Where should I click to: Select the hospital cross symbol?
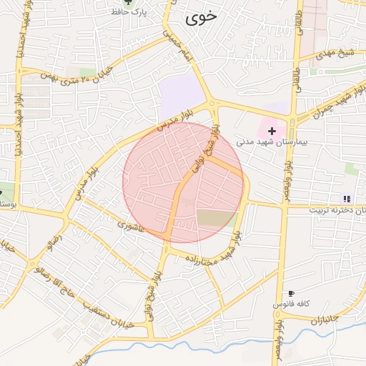272,131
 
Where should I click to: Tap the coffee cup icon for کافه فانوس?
291,294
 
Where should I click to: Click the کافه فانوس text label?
290,304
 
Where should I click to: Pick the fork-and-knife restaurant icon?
347,199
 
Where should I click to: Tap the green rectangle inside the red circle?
216,219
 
